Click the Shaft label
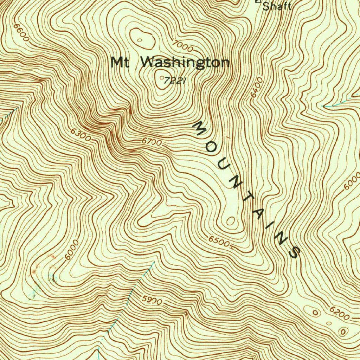click(277, 6)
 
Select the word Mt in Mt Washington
click(120, 63)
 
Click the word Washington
click(185, 63)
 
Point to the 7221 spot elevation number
click(174, 81)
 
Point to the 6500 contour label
click(219, 242)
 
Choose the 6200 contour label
click(339, 314)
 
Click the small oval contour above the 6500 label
click(231, 221)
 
